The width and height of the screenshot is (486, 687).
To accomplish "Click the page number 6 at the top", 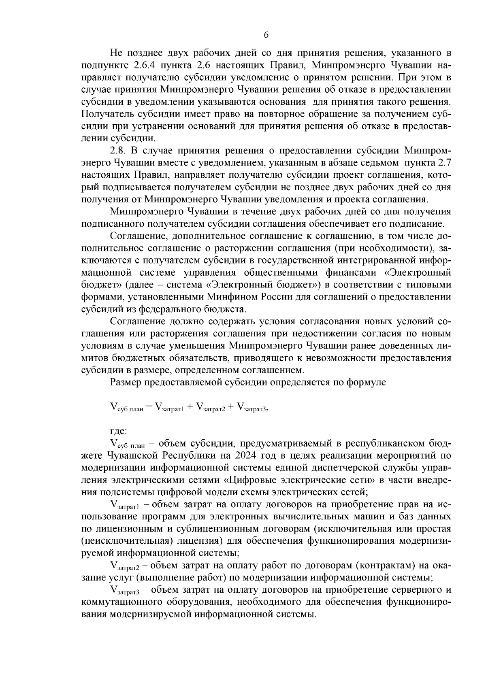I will pos(266,35).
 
